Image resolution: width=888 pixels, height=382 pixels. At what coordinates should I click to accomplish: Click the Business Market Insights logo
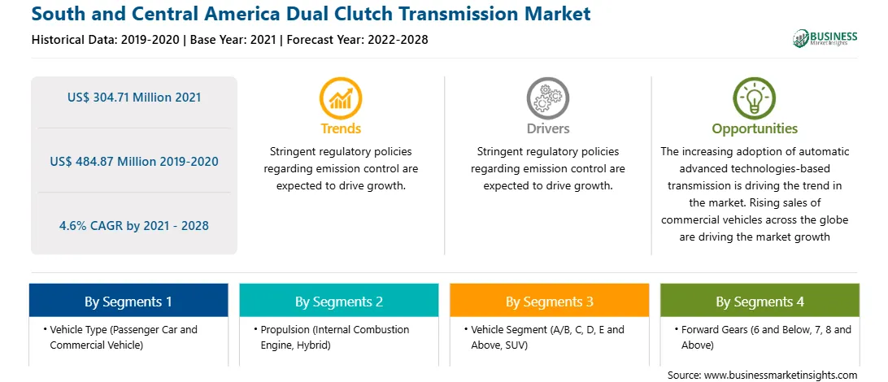coord(825,37)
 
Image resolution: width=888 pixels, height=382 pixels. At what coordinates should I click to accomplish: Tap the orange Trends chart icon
coord(341,98)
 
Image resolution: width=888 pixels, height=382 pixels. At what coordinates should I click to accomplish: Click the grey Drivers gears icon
coord(547,98)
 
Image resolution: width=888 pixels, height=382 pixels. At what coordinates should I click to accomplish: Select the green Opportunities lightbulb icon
coord(755,98)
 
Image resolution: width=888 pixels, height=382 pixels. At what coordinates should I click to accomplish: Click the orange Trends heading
coord(341,128)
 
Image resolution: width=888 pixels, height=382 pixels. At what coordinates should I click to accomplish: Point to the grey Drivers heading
coord(547,128)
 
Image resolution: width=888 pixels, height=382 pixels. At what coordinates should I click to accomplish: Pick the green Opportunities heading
coord(755,128)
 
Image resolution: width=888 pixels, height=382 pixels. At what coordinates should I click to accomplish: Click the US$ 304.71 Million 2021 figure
coord(134,98)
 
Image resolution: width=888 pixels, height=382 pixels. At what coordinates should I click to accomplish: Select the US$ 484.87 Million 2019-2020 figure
coord(134,161)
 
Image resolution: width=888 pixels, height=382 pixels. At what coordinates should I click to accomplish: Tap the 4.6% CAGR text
coord(134,226)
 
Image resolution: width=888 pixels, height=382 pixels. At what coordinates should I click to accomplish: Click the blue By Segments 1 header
coord(128,302)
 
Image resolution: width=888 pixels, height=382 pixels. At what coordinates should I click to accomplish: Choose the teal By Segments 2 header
coord(338,302)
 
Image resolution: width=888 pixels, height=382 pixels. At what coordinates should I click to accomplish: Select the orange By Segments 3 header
coord(550,302)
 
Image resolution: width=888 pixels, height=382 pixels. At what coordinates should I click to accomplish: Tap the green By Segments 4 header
coord(760,302)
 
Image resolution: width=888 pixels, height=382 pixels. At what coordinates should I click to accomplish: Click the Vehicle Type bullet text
coord(120,336)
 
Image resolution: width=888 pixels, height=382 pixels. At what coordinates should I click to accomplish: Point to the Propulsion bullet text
coord(331,336)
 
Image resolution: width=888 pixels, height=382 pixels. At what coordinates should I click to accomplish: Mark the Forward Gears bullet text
coord(762,336)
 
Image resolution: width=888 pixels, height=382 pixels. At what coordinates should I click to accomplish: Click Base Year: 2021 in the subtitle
coord(233,40)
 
